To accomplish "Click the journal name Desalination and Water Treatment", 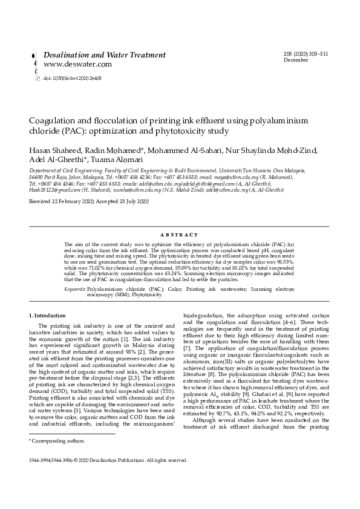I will [104, 55].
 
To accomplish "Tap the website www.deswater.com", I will [77, 64].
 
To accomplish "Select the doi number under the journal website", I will [72, 78].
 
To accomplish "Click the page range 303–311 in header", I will [318, 54].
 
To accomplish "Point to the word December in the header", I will [295, 60].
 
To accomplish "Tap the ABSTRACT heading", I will [180, 235].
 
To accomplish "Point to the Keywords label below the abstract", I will [75, 290].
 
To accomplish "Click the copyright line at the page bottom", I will [108, 460].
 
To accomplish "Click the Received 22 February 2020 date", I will [62, 201].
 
